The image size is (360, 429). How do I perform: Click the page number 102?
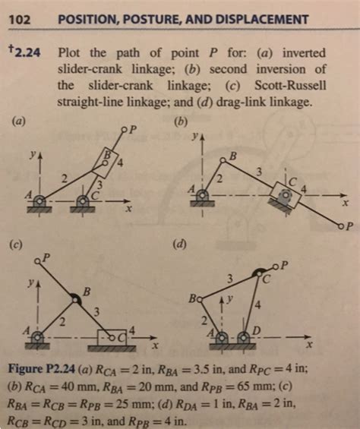coord(19,18)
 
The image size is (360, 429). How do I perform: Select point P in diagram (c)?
coord(38,261)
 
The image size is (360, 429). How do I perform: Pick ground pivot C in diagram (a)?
coord(84,201)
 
